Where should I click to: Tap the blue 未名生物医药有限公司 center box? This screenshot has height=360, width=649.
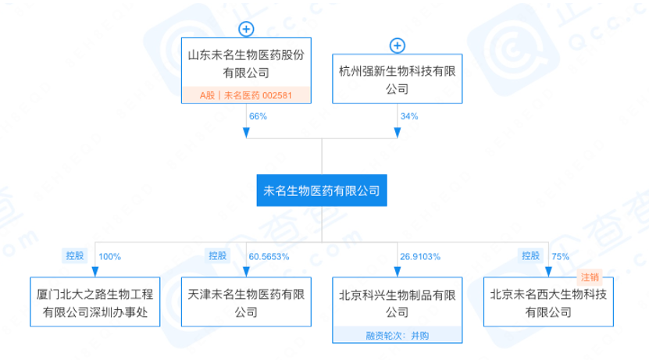click(321, 190)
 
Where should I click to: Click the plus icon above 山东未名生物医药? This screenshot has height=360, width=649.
click(246, 30)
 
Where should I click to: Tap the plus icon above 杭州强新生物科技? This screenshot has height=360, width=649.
click(398, 46)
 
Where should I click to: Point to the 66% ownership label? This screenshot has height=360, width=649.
click(258, 116)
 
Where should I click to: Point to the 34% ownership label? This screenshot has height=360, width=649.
click(409, 116)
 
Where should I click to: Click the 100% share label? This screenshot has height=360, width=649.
click(110, 256)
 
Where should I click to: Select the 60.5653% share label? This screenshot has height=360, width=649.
click(269, 256)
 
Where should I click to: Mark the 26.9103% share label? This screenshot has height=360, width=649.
click(421, 256)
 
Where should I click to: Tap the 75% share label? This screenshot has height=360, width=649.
click(560, 256)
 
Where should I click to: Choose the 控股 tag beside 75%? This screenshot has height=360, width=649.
click(530, 256)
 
